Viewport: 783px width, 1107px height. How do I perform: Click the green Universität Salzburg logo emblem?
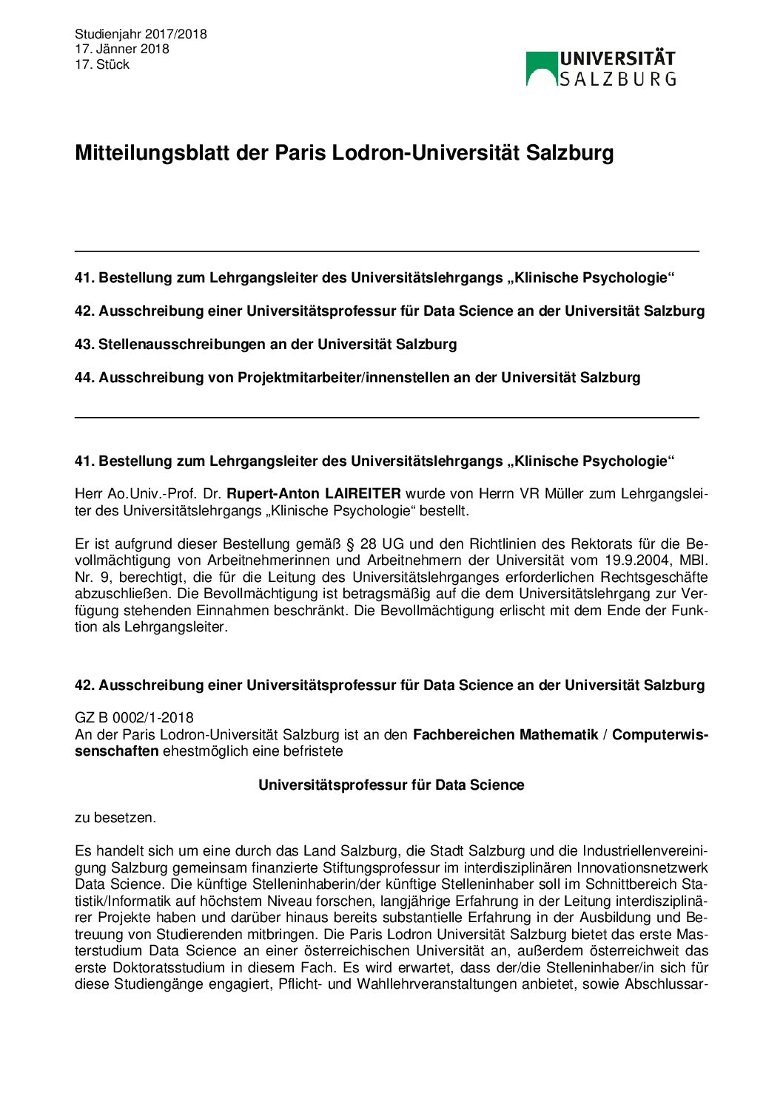click(541, 68)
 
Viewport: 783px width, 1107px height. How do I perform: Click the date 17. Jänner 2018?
click(121, 49)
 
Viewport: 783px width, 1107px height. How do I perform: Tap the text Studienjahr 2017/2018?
click(141, 34)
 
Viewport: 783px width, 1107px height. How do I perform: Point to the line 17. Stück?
click(102, 64)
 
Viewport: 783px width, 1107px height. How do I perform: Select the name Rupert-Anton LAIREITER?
click(313, 493)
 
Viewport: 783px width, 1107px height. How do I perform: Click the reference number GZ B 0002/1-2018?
click(134, 717)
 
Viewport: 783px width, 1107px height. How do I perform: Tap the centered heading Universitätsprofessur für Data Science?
click(391, 785)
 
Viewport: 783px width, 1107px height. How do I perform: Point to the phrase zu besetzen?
click(115, 817)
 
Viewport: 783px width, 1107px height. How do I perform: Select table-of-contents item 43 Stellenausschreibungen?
click(266, 344)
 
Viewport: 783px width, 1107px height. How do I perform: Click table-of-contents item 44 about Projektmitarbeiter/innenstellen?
click(357, 377)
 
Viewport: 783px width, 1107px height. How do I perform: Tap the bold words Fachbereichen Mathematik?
click(505, 734)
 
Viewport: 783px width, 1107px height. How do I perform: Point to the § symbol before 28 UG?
click(350, 544)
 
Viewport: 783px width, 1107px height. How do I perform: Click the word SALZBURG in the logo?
click(617, 79)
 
